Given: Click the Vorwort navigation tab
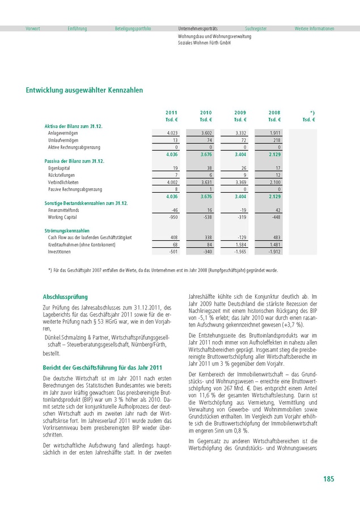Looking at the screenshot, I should pyautogui.click(x=32, y=28).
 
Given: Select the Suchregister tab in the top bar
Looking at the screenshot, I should pyautogui.click(x=256, y=28).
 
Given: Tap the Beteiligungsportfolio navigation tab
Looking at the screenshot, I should pyautogui.click(x=133, y=28).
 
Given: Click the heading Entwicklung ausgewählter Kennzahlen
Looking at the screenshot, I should pyautogui.click(x=84, y=90).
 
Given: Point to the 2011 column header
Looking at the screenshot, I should pyautogui.click(x=171, y=113).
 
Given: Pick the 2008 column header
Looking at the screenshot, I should pyautogui.click(x=274, y=113).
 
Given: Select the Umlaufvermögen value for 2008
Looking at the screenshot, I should pyautogui.click(x=276, y=139).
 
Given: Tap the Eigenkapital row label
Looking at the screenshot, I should pyautogui.click(x=58, y=168).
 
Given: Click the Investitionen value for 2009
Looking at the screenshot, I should pyautogui.click(x=240, y=251).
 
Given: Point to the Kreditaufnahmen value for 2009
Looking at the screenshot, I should pyautogui.click(x=241, y=244).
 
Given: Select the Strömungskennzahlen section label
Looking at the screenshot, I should pyautogui.click(x=67, y=231).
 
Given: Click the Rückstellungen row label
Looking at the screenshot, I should pyautogui.click(x=61, y=175).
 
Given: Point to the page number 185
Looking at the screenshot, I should pyautogui.click(x=328, y=479).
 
